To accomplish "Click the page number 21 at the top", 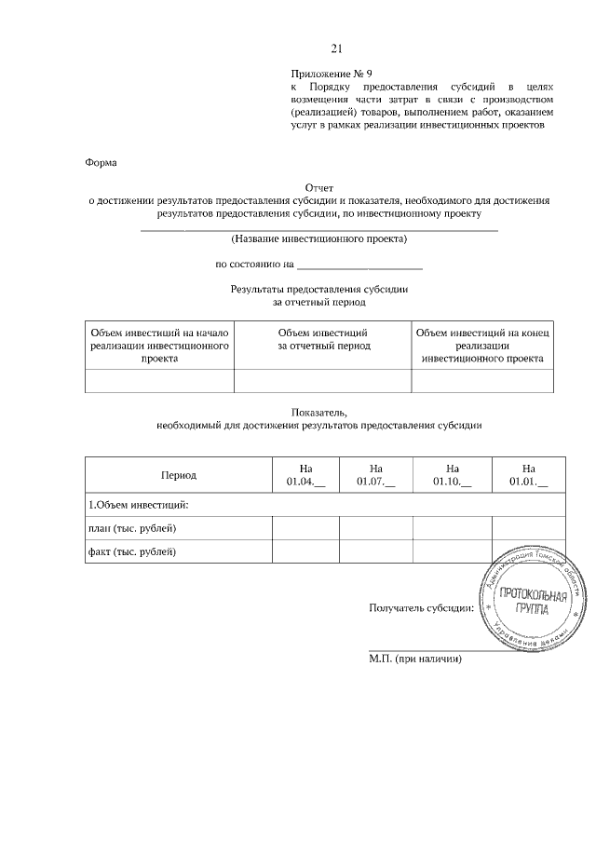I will tap(337, 48).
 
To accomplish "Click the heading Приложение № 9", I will tap(331, 73).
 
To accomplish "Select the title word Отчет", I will tap(319, 187).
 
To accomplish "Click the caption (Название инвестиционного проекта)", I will tap(319, 238).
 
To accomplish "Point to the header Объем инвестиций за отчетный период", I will tap(323, 339).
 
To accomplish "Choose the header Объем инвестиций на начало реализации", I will tap(160, 345).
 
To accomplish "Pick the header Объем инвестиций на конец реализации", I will tap(482, 345).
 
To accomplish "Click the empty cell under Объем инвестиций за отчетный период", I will tap(323, 382).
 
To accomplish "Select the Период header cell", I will tap(179, 475).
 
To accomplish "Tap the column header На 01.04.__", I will tap(305, 475).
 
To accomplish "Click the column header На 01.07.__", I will tap(375, 475).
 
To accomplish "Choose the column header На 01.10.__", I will tap(452, 475).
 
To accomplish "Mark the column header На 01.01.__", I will tap(528, 475).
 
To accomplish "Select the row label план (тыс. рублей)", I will tap(131, 529).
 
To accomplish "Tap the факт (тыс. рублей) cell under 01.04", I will tap(305, 552).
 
